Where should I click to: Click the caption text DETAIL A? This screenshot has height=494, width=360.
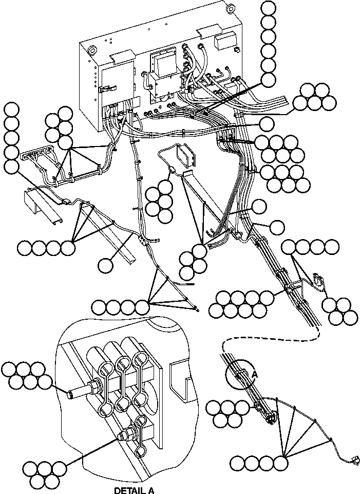[x=134, y=490]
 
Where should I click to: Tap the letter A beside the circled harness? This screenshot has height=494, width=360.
[x=254, y=376]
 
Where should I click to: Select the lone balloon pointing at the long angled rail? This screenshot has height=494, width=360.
[x=105, y=265]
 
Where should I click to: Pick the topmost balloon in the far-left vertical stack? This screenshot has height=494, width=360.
[x=11, y=109]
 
